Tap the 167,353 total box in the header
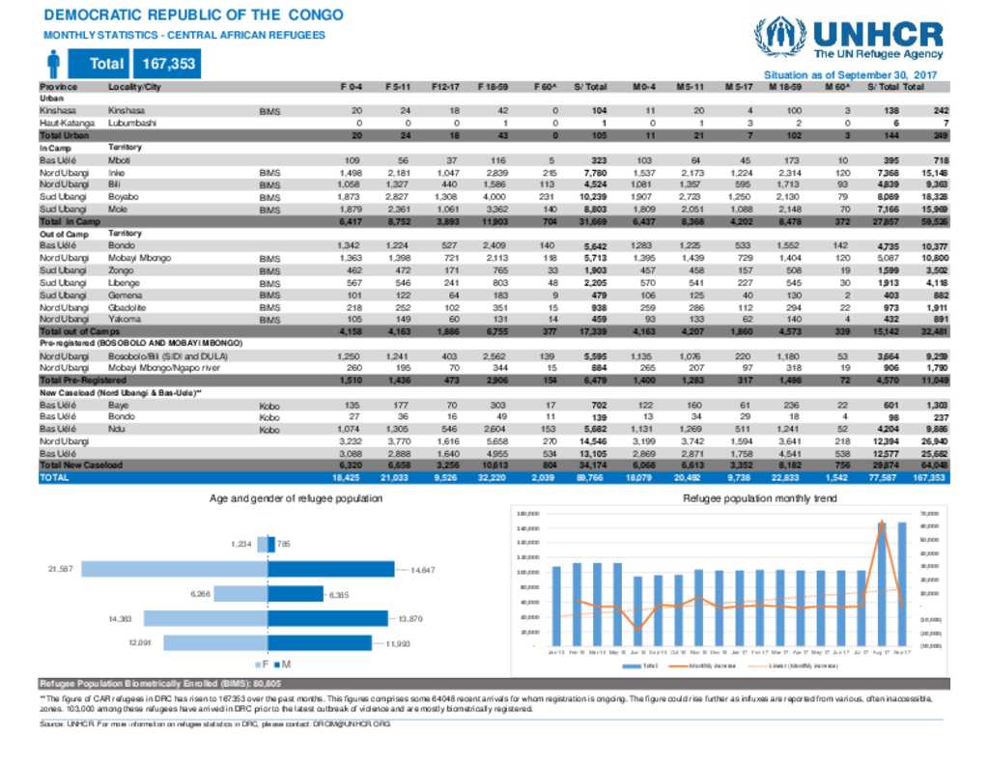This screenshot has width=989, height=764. click(168, 64)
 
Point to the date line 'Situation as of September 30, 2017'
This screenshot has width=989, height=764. click(851, 74)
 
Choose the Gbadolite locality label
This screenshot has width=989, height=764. click(128, 305)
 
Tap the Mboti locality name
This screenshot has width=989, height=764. click(120, 158)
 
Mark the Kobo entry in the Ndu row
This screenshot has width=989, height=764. click(269, 429)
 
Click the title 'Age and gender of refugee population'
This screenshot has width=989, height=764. click(297, 498)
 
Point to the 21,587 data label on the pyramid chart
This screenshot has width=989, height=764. click(60, 569)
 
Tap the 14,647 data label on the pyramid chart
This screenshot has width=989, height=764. click(423, 570)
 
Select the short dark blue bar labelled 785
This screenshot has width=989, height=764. click(270, 545)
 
